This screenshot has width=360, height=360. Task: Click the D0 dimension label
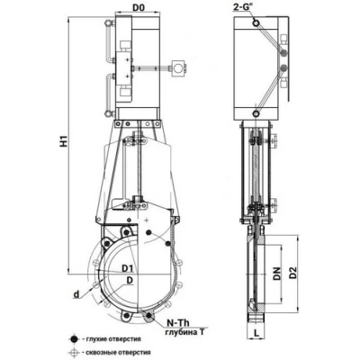(139, 8)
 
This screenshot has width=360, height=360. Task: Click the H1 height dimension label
(64, 141)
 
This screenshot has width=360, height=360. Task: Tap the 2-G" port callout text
(243, 8)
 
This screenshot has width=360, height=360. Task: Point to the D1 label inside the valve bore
(127, 268)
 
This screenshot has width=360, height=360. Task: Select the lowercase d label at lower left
(77, 294)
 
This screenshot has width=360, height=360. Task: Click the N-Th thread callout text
(178, 323)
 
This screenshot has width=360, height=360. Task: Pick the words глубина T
(185, 332)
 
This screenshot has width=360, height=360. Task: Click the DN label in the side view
(277, 274)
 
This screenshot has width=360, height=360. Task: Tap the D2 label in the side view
(293, 273)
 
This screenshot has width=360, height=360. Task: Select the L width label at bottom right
(256, 332)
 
